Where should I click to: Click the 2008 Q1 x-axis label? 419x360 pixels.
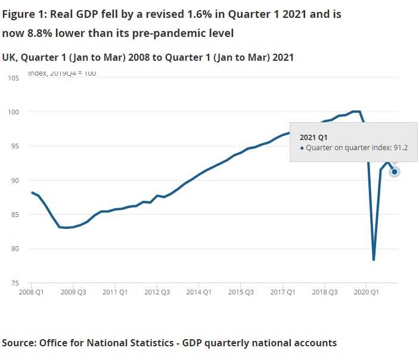point(32,293)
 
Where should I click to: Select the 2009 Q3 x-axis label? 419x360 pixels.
point(73,293)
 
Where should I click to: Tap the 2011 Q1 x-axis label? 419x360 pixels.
point(115,293)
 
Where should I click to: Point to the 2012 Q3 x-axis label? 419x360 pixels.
point(157,293)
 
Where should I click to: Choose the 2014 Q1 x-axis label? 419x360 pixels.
point(198,293)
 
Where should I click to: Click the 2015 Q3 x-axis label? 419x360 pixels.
point(240,293)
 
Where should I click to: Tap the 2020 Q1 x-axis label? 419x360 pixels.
point(365,293)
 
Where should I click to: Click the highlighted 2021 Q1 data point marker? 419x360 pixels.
point(395,172)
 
